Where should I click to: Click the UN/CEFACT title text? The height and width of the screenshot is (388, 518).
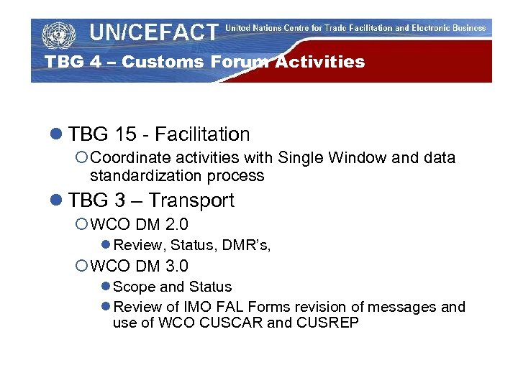(x=153, y=32)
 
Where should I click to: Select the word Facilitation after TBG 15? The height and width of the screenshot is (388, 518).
(x=202, y=134)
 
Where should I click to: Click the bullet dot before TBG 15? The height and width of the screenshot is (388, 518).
(x=57, y=135)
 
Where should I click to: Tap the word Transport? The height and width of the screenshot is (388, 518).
(x=191, y=200)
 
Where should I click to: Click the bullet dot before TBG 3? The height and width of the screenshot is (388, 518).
(x=57, y=201)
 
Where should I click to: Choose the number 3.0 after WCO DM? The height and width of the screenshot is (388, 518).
(x=176, y=267)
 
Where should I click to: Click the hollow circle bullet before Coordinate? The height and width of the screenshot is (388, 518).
(x=82, y=158)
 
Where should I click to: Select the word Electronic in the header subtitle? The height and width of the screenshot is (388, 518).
(x=421, y=28)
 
